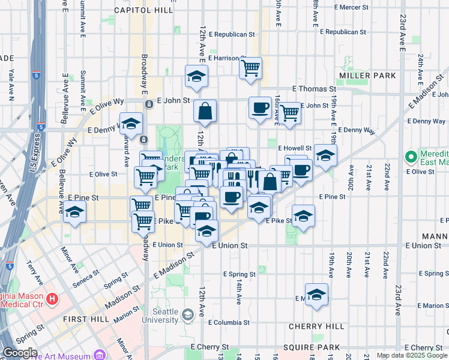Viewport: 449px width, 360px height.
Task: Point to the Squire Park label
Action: (x=315, y=347)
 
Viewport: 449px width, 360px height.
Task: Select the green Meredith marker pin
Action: (x=411, y=157)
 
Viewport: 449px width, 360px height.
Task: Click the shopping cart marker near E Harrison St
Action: (x=250, y=67)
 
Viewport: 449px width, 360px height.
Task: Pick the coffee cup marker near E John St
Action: (x=260, y=108)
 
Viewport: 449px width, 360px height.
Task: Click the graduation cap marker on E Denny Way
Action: (x=131, y=124)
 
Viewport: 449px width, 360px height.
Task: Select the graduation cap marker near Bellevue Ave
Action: (x=74, y=212)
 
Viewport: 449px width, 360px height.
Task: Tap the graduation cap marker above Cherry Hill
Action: (x=316, y=295)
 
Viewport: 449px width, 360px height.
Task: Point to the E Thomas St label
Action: (x=314, y=89)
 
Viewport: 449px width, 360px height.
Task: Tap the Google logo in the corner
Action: (x=20, y=353)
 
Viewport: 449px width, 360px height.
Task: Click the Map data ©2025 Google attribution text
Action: (x=411, y=355)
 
